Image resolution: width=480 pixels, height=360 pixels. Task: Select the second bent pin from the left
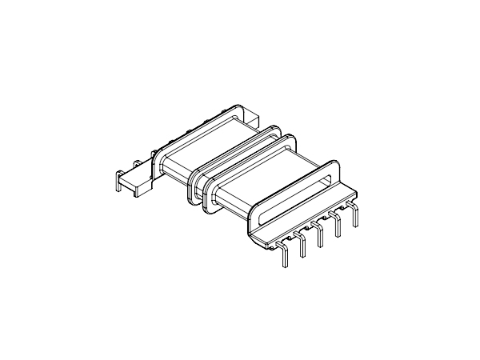[x=302, y=245]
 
